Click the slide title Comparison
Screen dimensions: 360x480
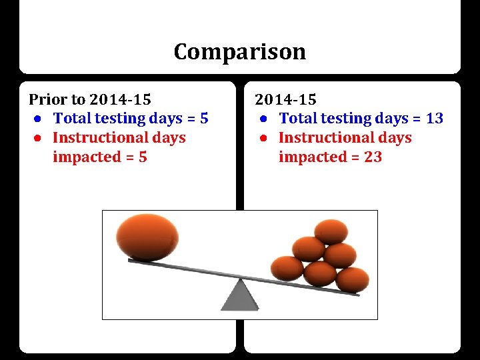click(x=239, y=51)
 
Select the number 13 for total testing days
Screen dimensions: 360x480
click(x=434, y=119)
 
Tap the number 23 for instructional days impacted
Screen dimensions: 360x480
click(x=373, y=157)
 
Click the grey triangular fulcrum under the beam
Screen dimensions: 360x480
click(x=239, y=295)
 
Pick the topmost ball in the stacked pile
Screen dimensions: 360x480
click(x=331, y=231)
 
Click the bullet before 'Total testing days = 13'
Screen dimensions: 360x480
click(x=265, y=119)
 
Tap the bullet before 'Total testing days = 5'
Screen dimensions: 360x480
click(x=39, y=119)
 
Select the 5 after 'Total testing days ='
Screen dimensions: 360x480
click(x=204, y=119)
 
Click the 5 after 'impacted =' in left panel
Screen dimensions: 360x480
click(x=143, y=157)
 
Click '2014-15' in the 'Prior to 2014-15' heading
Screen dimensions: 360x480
click(x=120, y=100)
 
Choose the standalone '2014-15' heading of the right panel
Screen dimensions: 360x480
click(x=285, y=100)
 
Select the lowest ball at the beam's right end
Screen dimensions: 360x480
click(x=351, y=279)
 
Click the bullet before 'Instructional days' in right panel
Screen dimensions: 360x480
click(x=265, y=139)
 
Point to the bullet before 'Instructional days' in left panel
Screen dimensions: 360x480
click(x=39, y=139)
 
